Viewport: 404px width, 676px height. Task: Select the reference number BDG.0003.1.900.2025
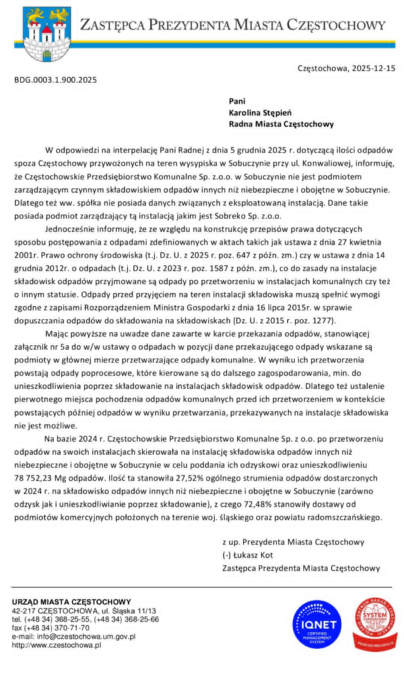[55, 80]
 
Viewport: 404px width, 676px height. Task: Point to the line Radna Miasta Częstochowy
[281, 123]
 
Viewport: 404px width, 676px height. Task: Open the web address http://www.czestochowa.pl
[56, 645]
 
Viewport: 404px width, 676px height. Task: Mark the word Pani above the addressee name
[236, 101]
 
